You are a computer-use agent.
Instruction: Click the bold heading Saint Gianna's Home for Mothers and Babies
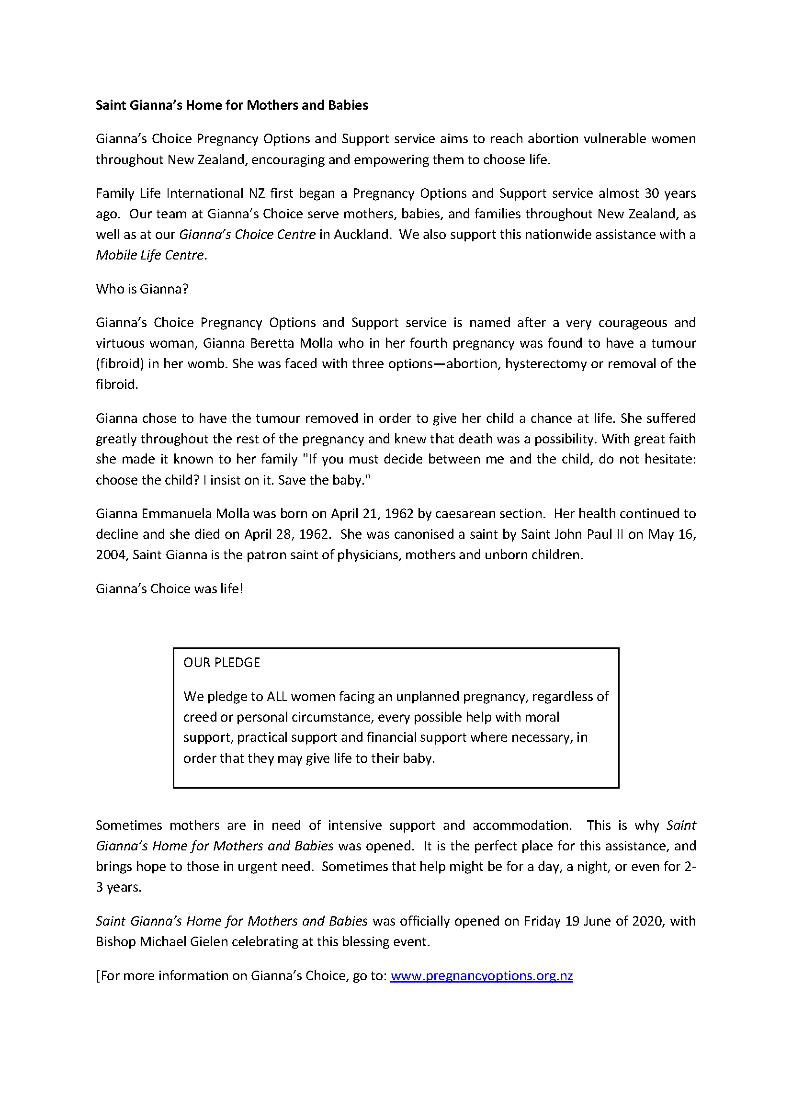coord(232,105)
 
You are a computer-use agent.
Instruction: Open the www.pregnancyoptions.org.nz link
coord(481,975)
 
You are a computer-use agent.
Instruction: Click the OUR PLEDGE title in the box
coord(221,662)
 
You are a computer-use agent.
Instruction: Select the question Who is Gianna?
coord(142,289)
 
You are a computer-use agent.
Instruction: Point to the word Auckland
coord(362,235)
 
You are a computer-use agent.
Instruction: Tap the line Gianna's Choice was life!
coord(169,589)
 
